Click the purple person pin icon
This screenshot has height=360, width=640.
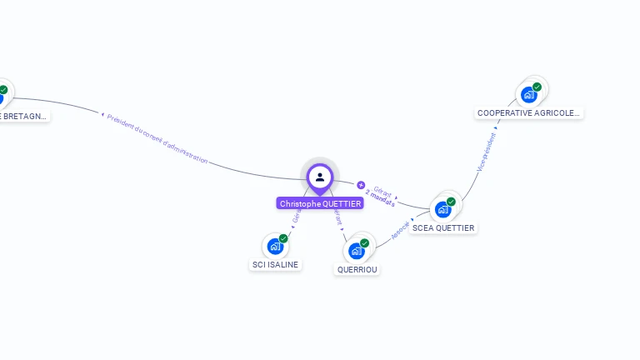(320, 177)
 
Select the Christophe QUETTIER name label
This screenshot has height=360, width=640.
(320, 203)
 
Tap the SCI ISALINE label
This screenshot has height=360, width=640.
(275, 264)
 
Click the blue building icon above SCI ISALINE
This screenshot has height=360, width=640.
(275, 247)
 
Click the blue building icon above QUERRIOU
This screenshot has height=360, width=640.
(357, 251)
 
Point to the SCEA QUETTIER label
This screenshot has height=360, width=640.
(443, 227)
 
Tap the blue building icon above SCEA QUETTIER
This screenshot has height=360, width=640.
(442, 209)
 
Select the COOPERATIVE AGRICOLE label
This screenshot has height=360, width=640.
(528, 112)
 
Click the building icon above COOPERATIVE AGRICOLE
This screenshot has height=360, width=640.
(528, 94)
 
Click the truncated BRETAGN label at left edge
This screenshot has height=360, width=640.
(22, 116)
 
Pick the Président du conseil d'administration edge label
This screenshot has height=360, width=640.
(157, 137)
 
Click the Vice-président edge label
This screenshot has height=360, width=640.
(486, 152)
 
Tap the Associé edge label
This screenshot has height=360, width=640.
(401, 229)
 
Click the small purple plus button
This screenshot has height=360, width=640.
(361, 185)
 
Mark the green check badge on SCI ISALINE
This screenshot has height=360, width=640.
(283, 238)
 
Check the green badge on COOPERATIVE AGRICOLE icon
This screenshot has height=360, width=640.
(537, 87)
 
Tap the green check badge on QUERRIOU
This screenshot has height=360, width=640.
(364, 243)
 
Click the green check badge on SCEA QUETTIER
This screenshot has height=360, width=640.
(451, 202)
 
